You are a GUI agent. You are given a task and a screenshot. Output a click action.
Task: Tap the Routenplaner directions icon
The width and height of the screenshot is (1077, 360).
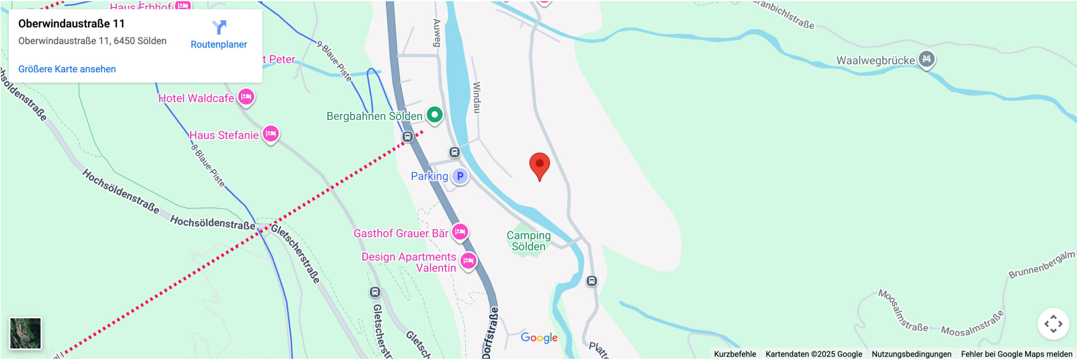[219, 27]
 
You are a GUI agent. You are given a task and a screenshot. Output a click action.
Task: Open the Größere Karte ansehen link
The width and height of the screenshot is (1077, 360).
[67, 69]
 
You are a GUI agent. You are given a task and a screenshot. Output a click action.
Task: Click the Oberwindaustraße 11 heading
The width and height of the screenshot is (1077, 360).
[72, 24]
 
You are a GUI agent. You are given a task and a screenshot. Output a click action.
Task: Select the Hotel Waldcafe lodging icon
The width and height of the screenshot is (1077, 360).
[246, 97]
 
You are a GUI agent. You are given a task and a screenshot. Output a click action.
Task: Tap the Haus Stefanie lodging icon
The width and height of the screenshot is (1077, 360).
[271, 134]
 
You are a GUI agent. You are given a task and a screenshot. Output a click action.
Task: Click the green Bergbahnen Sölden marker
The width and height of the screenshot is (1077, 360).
[435, 114]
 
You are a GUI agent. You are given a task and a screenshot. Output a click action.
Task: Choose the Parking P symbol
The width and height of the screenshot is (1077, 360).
[460, 176]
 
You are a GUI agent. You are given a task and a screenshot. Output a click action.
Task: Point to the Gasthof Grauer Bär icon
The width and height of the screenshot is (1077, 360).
[460, 231]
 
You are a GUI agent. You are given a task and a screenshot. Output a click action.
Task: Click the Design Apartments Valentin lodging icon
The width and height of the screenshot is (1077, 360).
[468, 261]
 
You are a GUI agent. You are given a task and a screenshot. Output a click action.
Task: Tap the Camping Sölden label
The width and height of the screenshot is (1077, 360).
[528, 241]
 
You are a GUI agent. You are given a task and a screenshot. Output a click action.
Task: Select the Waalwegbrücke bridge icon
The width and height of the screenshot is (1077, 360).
[926, 59]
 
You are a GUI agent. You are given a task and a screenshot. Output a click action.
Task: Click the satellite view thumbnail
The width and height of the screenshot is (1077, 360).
[25, 333]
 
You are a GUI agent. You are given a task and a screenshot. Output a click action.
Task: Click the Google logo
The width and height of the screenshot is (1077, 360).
[539, 337]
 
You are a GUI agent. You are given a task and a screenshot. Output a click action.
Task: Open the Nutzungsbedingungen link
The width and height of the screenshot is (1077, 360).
[911, 354]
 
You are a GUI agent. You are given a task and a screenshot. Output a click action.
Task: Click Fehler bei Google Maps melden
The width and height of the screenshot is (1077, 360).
[1016, 354]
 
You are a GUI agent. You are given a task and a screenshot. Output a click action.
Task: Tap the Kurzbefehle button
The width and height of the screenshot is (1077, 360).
[735, 354]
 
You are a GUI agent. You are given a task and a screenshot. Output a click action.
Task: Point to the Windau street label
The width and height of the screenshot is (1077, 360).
[476, 97]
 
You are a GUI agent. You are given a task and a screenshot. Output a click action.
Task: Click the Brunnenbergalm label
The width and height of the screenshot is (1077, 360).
[1042, 265]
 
